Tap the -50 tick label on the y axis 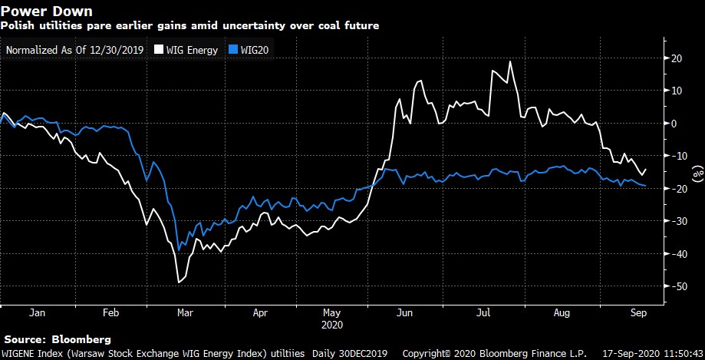click(x=675, y=286)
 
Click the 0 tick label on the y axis click(x=675, y=124)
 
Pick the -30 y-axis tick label click(x=675, y=221)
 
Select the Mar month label click(x=184, y=313)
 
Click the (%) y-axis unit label click(x=697, y=173)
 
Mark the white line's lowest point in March click(x=179, y=282)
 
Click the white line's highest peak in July click(x=510, y=61)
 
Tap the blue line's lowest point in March click(x=180, y=250)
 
